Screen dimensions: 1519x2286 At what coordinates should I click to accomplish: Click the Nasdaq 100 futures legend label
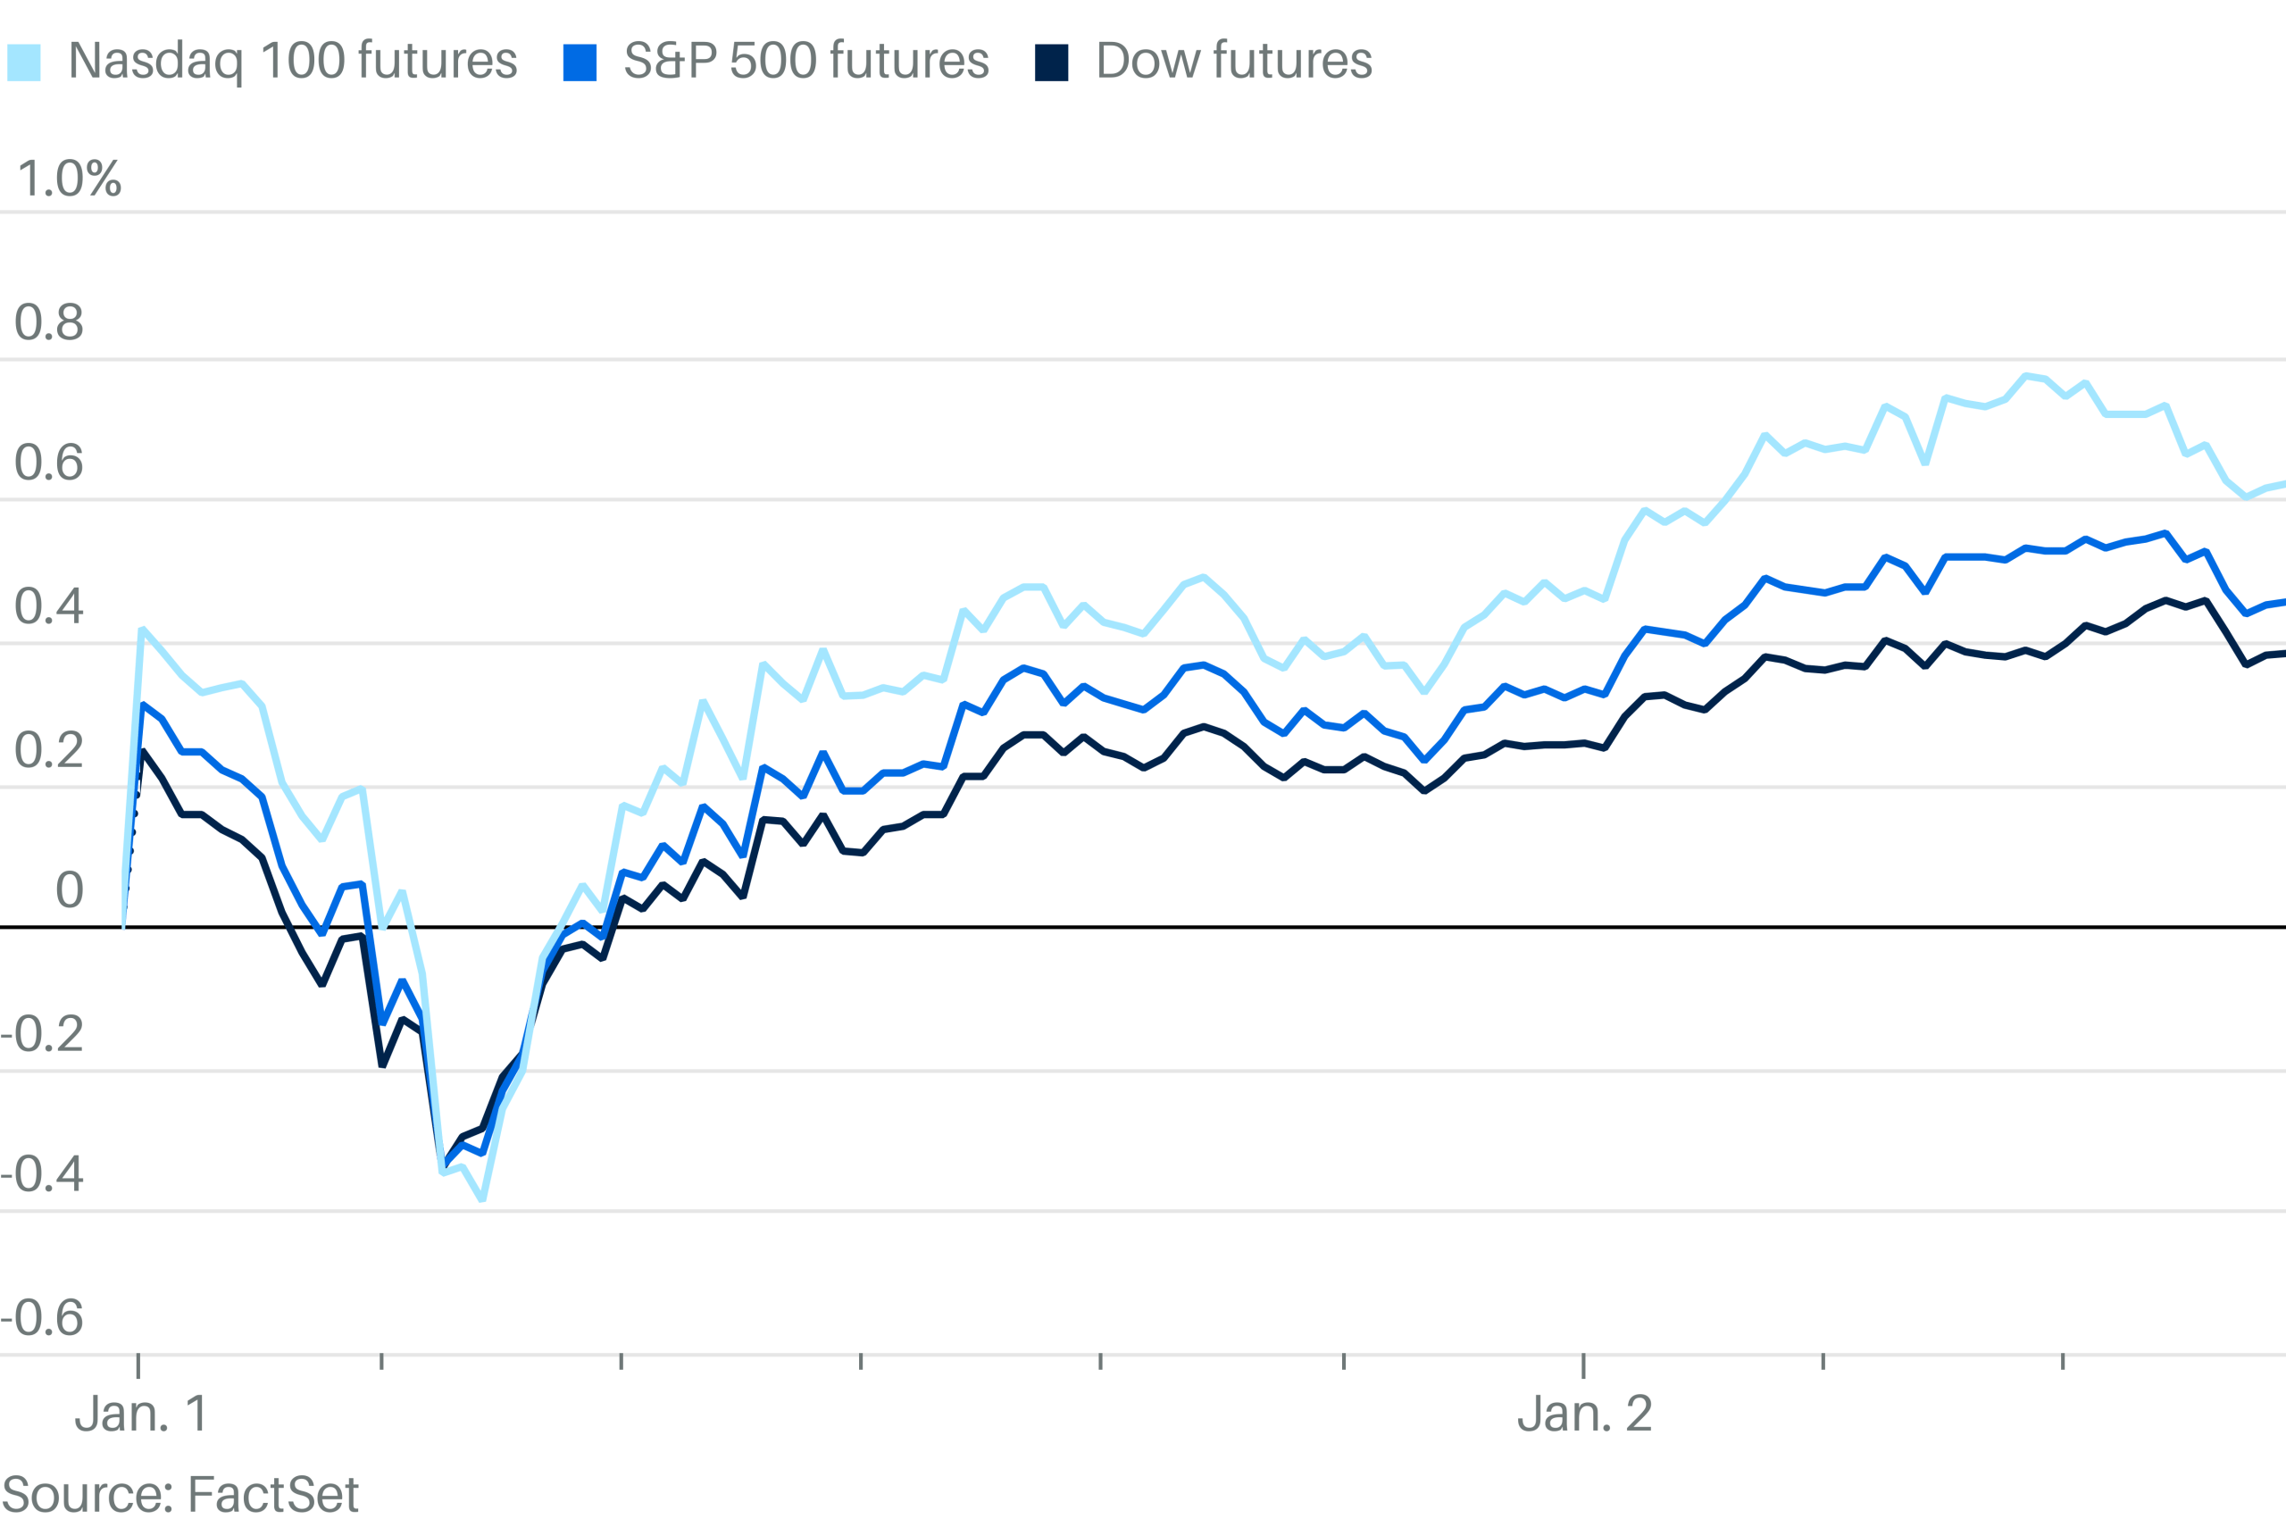pyautogui.click(x=293, y=61)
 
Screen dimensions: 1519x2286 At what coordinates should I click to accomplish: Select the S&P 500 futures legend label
pyautogui.click(x=806, y=61)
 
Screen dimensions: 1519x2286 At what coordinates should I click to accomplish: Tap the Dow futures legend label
pyautogui.click(x=1233, y=61)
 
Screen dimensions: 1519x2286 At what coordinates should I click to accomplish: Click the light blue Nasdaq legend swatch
pyautogui.click(x=24, y=63)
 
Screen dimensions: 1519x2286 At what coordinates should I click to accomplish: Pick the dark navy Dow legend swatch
pyautogui.click(x=1051, y=63)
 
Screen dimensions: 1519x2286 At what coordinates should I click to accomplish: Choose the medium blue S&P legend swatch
pyautogui.click(x=580, y=63)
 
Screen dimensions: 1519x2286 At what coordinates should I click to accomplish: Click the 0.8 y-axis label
pyautogui.click(x=48, y=322)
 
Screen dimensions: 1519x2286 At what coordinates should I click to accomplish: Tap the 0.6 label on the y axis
pyautogui.click(x=48, y=463)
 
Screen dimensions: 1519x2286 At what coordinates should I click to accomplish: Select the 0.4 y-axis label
pyautogui.click(x=48, y=606)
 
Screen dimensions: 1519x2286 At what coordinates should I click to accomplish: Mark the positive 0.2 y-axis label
pyautogui.click(x=48, y=751)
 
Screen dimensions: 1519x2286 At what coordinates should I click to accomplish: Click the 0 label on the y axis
pyautogui.click(x=69, y=890)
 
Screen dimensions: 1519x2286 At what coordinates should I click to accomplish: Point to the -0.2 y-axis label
pyautogui.click(x=43, y=1035)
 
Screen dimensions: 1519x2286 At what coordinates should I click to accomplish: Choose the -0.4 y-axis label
pyautogui.click(x=43, y=1174)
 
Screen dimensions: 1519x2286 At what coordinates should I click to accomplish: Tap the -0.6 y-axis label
pyautogui.click(x=43, y=1317)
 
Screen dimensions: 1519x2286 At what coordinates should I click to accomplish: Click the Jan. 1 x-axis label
pyautogui.click(x=141, y=1414)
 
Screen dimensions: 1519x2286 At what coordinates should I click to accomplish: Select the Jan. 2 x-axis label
pyautogui.click(x=1585, y=1414)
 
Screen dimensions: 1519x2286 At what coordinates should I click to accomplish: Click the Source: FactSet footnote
pyautogui.click(x=180, y=1494)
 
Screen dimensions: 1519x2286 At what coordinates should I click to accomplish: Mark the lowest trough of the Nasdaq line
pyautogui.click(x=481, y=1199)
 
